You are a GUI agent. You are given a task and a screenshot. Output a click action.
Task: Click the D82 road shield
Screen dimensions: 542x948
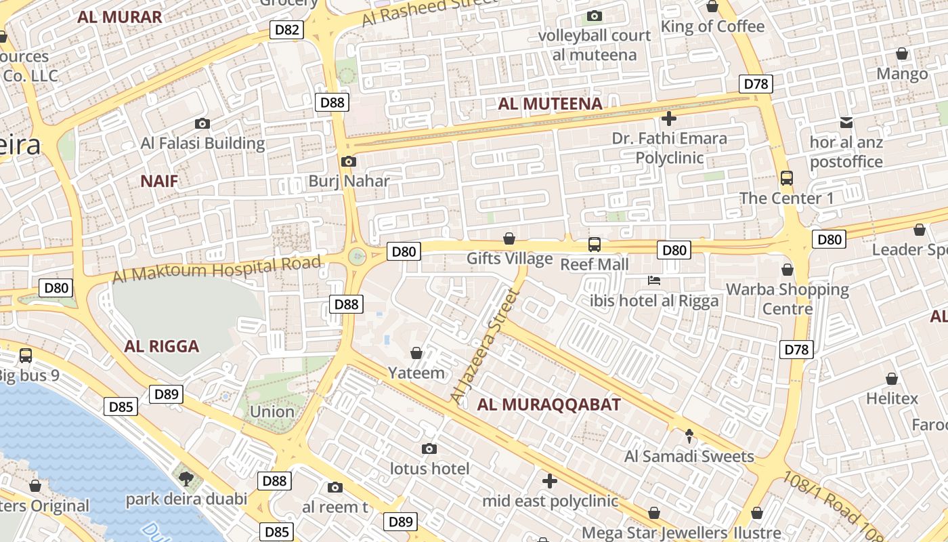[x=287, y=29]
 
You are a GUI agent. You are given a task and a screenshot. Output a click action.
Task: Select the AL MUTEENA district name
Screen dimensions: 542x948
[x=550, y=104]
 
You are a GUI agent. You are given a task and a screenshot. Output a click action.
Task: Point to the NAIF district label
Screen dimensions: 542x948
[x=160, y=181]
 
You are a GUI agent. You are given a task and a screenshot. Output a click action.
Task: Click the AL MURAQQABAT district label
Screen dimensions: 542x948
[x=548, y=405]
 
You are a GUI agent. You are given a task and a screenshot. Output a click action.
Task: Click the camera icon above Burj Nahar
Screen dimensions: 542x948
[x=349, y=161]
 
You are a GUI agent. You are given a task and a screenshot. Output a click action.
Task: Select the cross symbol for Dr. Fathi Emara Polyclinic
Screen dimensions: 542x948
[x=668, y=119]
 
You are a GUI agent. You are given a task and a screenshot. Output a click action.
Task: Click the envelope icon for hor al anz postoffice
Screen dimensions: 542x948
[x=846, y=123]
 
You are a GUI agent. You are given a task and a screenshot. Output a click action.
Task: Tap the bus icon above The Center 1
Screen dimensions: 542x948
[x=786, y=178]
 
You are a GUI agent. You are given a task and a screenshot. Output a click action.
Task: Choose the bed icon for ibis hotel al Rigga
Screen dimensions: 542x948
[x=653, y=280]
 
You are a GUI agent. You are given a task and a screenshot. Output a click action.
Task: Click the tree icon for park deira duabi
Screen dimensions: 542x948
[x=186, y=479]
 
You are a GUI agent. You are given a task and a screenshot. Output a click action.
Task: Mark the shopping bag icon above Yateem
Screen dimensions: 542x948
[x=416, y=353]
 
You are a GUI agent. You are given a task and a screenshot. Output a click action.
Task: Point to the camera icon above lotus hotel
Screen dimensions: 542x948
[x=429, y=449]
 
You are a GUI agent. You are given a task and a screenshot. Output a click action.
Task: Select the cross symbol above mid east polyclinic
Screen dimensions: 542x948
[x=550, y=481]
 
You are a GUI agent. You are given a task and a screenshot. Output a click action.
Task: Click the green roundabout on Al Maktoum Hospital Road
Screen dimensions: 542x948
[x=358, y=256]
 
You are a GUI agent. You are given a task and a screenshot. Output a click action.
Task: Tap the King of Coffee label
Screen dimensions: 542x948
[x=712, y=26]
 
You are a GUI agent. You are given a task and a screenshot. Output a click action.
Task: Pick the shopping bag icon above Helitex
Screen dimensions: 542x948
[x=892, y=379]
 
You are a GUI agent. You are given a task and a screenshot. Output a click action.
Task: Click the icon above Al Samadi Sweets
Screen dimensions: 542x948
[x=689, y=436]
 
